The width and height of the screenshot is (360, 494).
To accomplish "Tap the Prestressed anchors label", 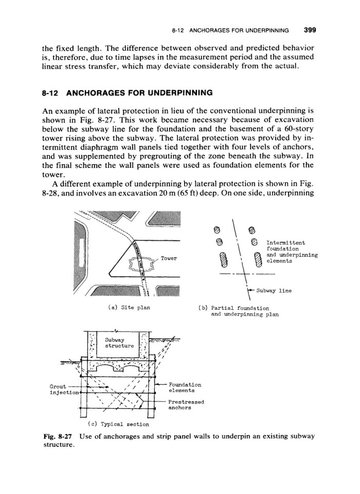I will (x=186, y=405).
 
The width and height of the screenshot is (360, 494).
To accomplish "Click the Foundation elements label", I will (x=185, y=387).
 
